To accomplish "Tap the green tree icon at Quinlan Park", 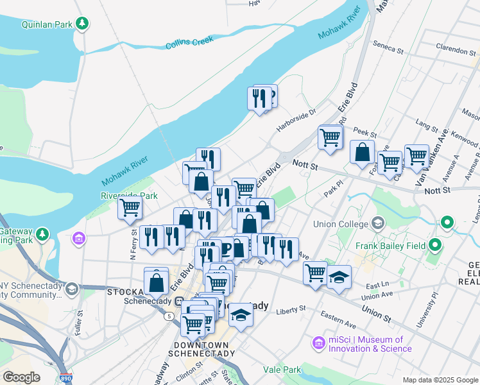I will point(82,24).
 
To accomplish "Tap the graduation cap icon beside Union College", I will point(378,223).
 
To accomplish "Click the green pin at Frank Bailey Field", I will point(436,244).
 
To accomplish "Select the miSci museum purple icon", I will point(318,344).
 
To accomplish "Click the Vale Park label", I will point(282,370).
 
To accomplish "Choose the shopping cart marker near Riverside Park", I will point(130,208).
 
